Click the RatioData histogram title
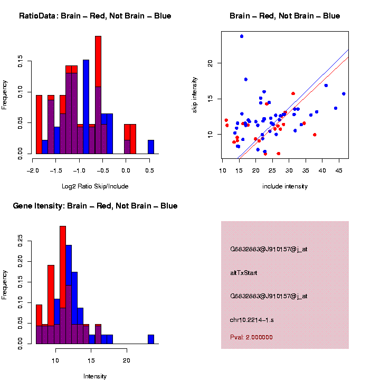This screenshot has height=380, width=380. (95, 16)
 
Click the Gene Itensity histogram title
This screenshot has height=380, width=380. (95, 206)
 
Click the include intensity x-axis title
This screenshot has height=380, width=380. (285, 186)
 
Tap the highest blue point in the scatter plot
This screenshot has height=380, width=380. (242, 36)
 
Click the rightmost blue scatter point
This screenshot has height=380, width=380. (344, 94)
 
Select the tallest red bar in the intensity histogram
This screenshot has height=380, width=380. (63, 264)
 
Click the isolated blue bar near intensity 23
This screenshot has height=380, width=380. (151, 339)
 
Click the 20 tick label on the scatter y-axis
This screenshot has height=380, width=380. (210, 63)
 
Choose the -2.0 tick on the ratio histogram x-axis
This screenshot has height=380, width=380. (33, 170)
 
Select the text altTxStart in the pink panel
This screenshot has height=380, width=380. (243, 273)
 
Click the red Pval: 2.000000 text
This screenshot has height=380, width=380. (251, 337)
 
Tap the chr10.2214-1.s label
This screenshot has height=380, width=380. (252, 320)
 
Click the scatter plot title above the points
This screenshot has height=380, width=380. (285, 16)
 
